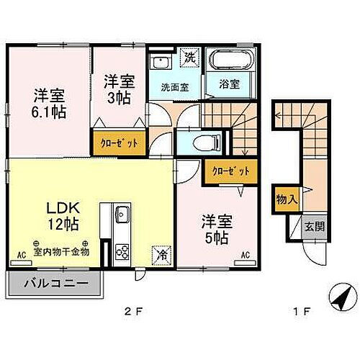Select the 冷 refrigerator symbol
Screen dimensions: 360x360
(161, 253)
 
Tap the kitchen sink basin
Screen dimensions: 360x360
(122, 214)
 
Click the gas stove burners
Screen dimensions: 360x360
(122, 252)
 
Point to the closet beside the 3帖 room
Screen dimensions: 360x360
(119, 142)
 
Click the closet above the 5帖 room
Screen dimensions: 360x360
(229, 171)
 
